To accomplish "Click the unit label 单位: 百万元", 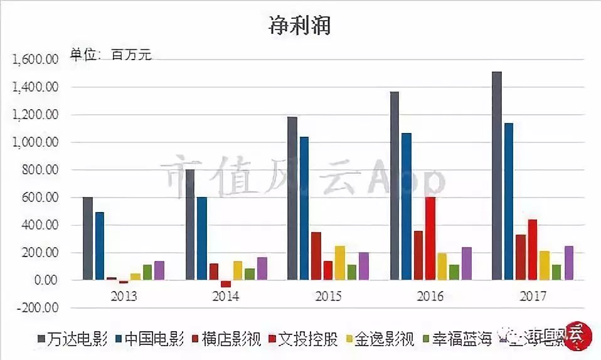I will [x=111, y=55].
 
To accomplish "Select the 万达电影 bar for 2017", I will [x=497, y=176].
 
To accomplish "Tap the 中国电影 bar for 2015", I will [x=304, y=208].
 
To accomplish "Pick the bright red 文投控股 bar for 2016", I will [x=430, y=238].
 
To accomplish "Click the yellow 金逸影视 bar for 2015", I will [x=339, y=263].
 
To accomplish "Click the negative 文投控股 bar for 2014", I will [x=226, y=283].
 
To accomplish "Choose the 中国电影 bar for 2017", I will [x=509, y=201].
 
